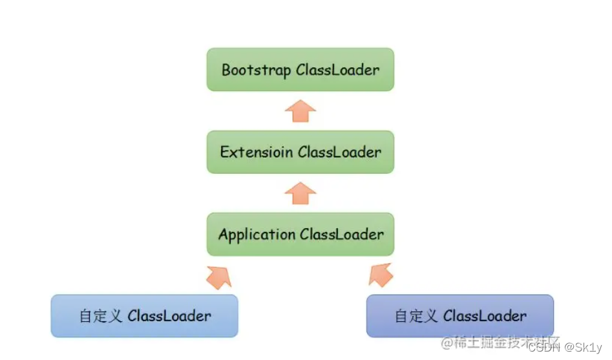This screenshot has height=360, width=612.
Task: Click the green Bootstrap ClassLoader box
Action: tap(300, 69)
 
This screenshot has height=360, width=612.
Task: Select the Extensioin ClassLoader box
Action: tap(300, 152)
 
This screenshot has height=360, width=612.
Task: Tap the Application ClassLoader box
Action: tap(300, 234)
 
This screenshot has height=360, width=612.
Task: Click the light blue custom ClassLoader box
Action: tap(144, 315)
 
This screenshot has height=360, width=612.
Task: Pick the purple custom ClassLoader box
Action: tap(459, 315)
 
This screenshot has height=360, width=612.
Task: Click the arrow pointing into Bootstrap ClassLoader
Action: tap(301, 111)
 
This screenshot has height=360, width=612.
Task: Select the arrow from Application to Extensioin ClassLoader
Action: tap(301, 193)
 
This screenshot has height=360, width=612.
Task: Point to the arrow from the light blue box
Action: tap(218, 275)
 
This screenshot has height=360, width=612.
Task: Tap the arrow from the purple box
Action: tap(381, 275)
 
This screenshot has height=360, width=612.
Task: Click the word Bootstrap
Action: tap(257, 70)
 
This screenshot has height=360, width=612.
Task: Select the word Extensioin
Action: tap(256, 152)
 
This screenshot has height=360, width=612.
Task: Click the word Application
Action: tap(257, 235)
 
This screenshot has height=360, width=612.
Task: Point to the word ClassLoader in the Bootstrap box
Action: tap(337, 70)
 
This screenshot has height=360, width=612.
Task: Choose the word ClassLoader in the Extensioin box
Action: tap(339, 152)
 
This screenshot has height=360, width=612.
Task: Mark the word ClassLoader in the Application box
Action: tap(341, 234)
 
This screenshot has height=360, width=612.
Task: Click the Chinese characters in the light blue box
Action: tap(101, 316)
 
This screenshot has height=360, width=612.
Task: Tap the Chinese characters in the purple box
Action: tap(416, 316)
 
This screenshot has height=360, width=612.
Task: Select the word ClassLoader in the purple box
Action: tap(485, 316)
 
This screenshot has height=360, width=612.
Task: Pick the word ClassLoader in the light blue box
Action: tap(169, 316)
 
